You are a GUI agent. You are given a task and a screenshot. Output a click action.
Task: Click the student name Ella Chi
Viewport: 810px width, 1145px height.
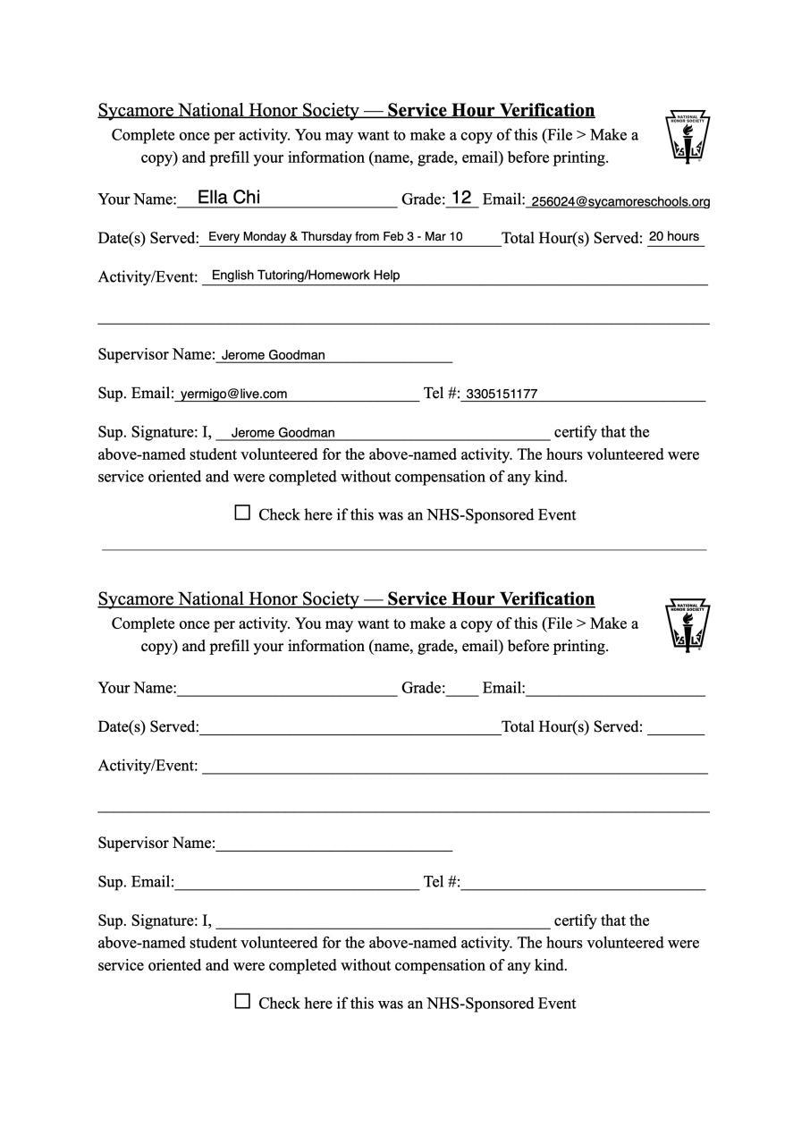click(229, 198)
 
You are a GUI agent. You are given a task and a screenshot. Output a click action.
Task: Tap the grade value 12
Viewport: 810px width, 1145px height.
click(461, 198)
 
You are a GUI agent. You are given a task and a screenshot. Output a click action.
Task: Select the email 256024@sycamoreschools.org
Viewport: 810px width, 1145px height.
click(620, 202)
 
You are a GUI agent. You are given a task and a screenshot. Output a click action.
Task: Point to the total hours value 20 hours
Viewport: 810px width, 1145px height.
click(673, 237)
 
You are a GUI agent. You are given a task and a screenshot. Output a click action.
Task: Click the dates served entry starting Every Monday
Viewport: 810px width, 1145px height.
click(335, 237)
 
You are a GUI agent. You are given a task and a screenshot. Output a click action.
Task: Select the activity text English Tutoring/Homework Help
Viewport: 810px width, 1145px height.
click(306, 276)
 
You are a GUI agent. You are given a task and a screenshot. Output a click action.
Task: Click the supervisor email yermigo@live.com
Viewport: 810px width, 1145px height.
click(233, 394)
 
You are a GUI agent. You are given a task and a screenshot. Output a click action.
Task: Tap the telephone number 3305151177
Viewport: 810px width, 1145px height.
click(502, 394)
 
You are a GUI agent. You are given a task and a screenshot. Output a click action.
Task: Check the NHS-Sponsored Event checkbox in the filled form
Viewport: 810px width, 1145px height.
click(242, 513)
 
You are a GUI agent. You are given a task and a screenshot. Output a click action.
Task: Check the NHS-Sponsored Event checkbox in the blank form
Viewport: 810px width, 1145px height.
click(242, 1001)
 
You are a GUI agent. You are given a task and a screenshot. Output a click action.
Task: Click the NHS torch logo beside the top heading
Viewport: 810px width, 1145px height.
click(688, 137)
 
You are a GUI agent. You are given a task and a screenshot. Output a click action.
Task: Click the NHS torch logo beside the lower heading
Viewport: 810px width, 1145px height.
click(688, 625)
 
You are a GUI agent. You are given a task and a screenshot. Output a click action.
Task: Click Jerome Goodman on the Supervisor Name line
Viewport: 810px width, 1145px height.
click(274, 355)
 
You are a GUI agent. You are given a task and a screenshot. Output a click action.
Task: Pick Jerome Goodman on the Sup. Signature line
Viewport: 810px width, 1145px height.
click(283, 433)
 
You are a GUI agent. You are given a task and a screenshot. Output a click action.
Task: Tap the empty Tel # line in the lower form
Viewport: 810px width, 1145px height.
click(583, 882)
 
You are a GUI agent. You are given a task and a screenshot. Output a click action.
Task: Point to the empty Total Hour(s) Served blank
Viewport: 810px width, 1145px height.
click(676, 726)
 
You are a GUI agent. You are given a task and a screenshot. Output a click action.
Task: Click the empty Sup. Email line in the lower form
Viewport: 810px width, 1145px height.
click(297, 882)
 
